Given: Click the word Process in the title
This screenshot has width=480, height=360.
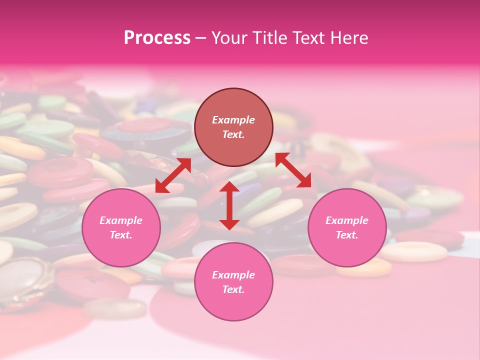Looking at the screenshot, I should click(x=157, y=38).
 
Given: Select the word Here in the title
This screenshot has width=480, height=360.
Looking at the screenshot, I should click(x=349, y=38).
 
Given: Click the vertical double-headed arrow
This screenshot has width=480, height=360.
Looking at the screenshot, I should click(x=229, y=205).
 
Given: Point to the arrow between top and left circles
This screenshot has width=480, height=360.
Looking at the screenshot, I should click(x=173, y=175).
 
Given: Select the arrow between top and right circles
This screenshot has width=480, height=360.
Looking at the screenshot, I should click(x=293, y=170).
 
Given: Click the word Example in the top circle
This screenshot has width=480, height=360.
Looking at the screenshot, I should click(x=233, y=120).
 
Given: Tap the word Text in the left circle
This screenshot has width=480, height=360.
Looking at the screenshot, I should click(x=121, y=235).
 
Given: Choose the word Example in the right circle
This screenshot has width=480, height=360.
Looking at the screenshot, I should click(x=347, y=220).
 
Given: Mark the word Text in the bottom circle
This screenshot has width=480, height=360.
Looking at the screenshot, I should click(x=233, y=289).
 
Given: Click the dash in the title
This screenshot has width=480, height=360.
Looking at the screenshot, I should click(x=200, y=38).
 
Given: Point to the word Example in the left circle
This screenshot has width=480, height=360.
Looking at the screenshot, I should click(x=121, y=220).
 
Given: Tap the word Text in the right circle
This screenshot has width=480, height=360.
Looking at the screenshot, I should click(x=347, y=235).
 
